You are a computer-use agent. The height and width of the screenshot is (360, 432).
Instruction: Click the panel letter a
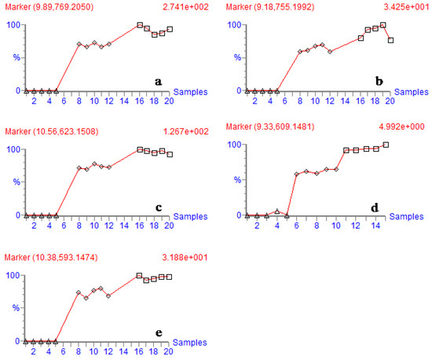coord(158,82)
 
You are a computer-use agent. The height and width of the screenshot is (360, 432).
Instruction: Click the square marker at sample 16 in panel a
coord(140,25)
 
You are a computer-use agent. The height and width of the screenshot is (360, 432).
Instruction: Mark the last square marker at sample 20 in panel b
coord(391,40)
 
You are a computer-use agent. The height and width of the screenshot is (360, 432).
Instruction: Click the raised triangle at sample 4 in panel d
coord(276,211)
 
